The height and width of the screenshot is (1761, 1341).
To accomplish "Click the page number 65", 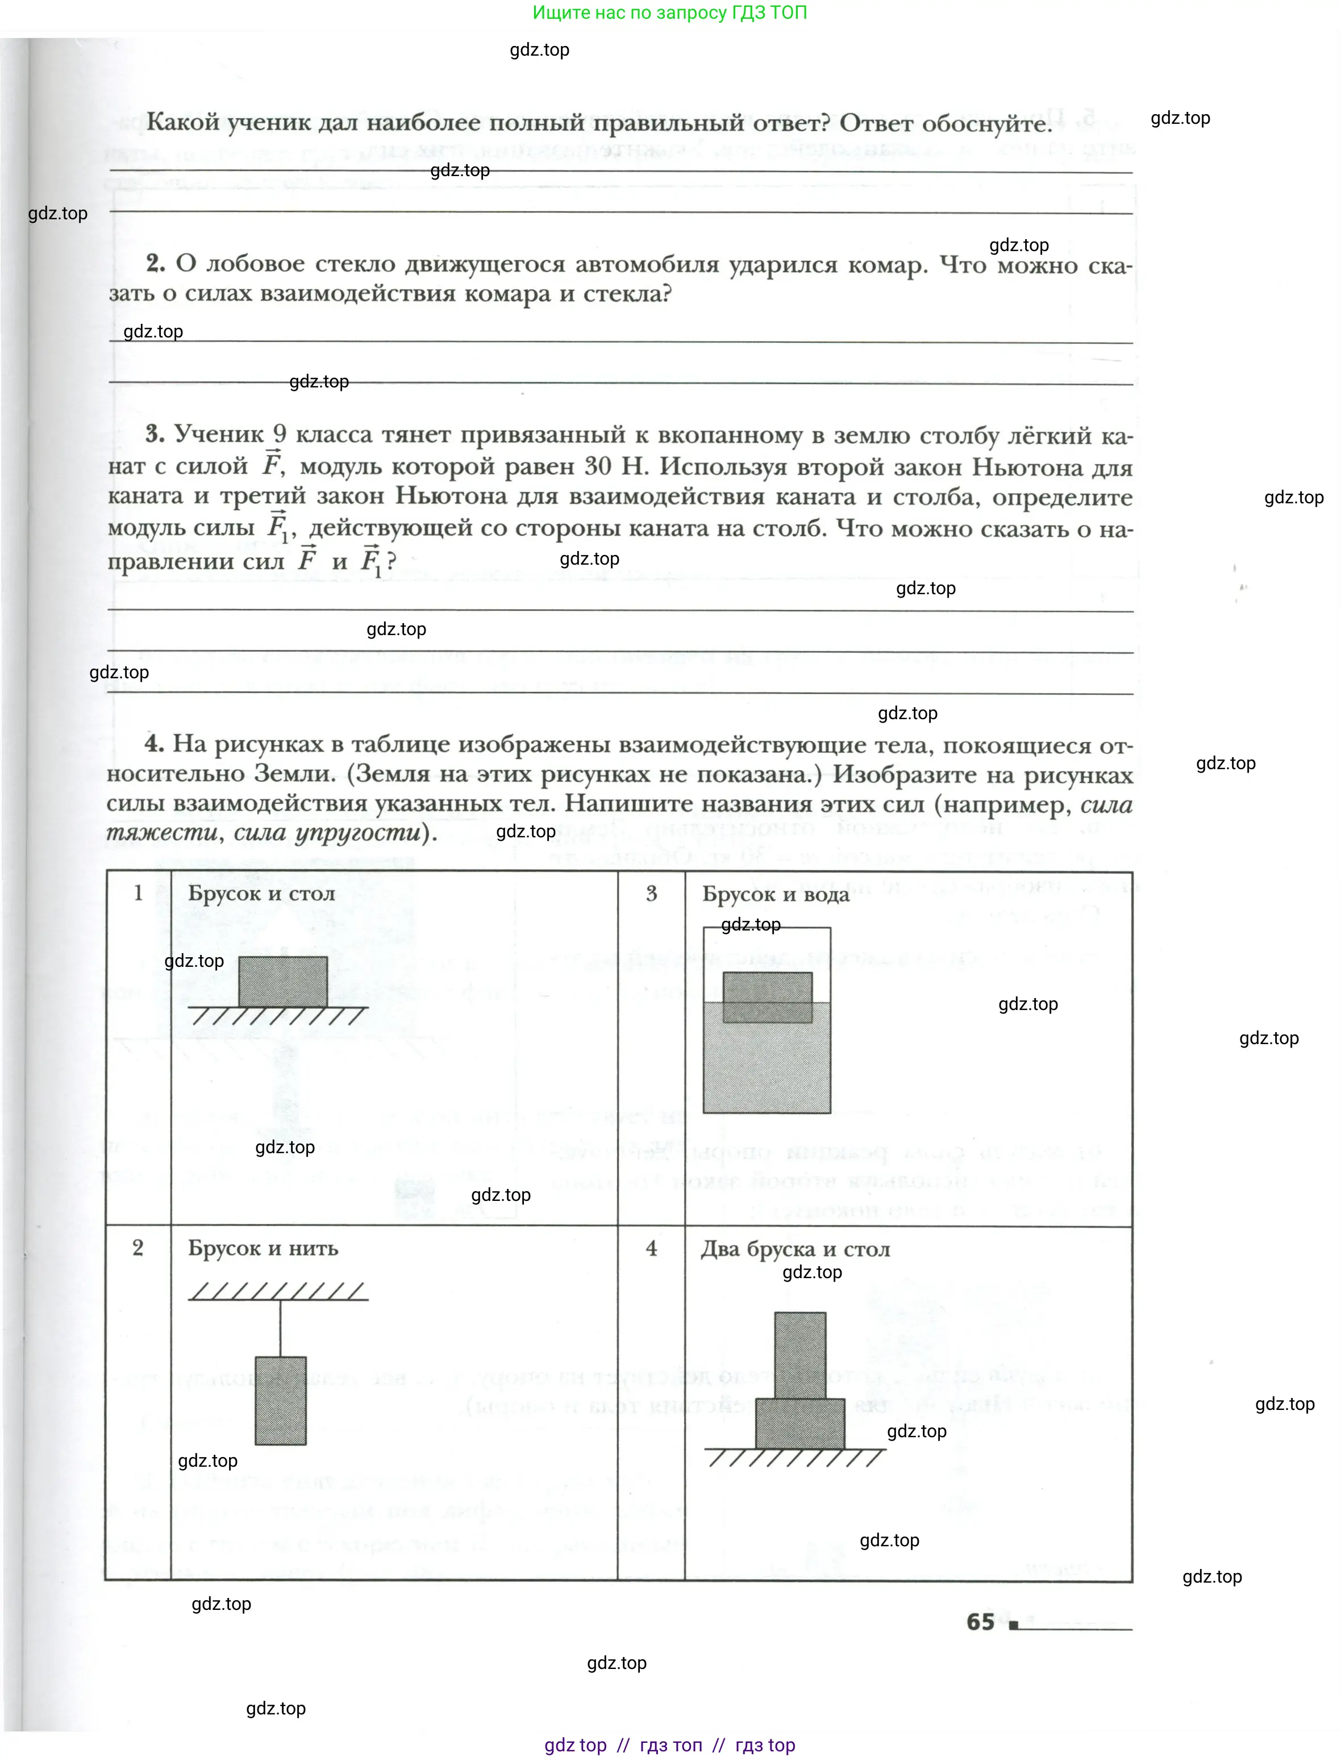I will coord(980,1621).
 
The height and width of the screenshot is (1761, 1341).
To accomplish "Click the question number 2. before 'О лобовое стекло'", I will coord(156,264).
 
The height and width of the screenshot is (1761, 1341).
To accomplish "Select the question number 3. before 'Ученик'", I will coord(155,434).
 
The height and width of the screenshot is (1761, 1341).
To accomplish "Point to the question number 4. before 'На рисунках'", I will coord(154,744).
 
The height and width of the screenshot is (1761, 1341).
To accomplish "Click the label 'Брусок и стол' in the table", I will coord(261,893).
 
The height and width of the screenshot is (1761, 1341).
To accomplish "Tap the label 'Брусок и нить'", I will coord(263,1248).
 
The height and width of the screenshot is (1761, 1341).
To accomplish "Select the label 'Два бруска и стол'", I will coord(795,1249).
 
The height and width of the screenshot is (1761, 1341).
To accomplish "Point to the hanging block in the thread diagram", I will coord(280,1400).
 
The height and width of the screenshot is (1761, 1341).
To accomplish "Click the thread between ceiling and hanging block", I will coord(280,1329).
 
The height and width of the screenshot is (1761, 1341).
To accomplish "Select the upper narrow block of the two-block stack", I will coord(800,1355).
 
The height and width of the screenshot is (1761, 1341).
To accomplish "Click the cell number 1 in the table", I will coord(138,893).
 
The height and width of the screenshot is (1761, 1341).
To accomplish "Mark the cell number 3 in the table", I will coord(651,894).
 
